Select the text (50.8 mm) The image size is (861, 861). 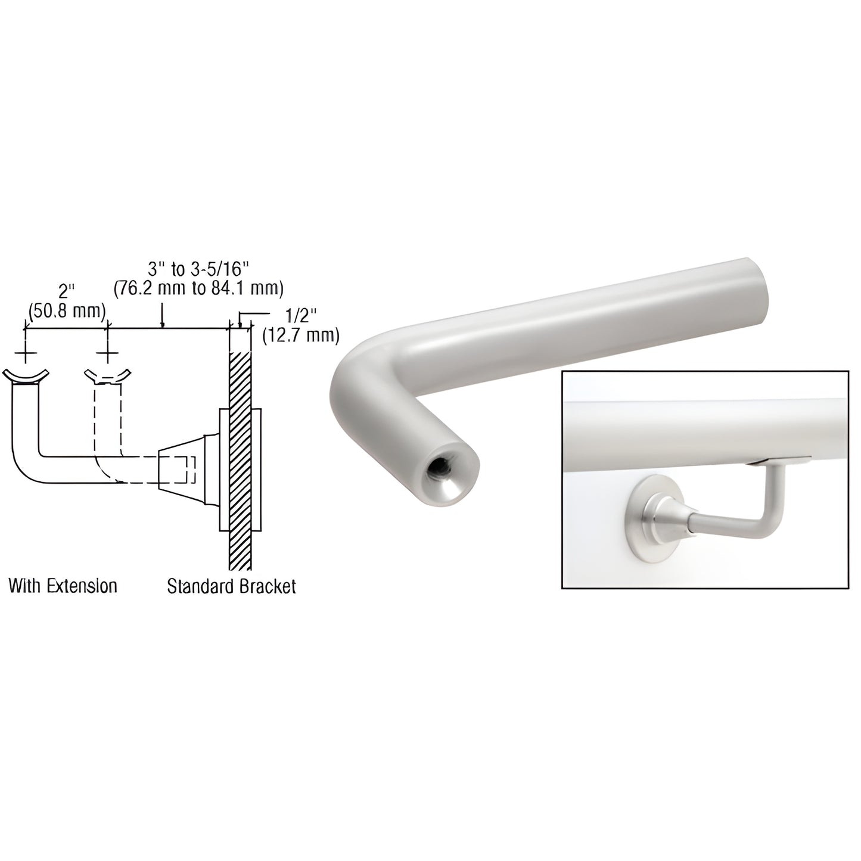tap(67, 310)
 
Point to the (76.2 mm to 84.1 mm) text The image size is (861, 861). tap(198, 288)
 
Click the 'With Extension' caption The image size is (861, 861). tap(63, 586)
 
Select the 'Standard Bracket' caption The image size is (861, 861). tap(231, 586)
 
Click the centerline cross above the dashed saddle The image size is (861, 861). tap(108, 355)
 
